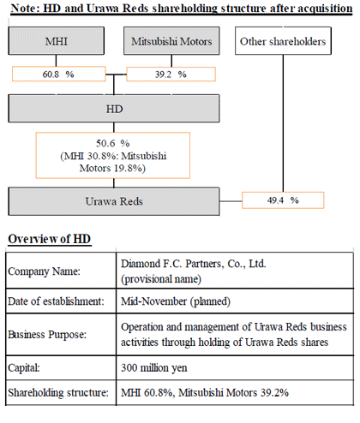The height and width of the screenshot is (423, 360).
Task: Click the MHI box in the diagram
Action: (57, 41)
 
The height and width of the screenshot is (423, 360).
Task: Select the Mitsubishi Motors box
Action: (171, 41)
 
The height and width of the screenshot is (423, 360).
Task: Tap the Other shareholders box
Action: (283, 41)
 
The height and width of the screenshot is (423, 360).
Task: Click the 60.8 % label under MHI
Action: (58, 74)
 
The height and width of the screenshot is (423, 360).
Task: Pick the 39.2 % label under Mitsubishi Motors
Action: (171, 74)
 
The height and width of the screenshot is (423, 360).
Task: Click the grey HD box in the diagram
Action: (114, 109)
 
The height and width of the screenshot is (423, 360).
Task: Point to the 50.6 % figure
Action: (113, 143)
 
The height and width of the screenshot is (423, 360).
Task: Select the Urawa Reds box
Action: (114, 201)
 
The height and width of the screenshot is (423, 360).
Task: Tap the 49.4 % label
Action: (283, 200)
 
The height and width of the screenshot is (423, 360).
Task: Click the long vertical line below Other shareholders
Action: (283, 123)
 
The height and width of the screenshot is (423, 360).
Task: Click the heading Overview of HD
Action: (50, 239)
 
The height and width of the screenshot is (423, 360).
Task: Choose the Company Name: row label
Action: (45, 271)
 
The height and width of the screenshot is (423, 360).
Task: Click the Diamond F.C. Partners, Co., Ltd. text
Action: (194, 264)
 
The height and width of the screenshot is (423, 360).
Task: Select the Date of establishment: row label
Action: (57, 301)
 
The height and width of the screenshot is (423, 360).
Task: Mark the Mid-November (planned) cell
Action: (176, 301)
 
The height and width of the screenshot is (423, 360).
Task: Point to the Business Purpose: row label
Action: (47, 335)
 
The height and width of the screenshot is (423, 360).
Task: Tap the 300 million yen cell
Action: (154, 368)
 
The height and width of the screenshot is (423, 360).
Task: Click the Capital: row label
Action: (24, 368)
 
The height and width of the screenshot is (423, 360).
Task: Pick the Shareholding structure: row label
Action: (58, 393)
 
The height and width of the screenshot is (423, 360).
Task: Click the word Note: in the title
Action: (26, 8)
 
